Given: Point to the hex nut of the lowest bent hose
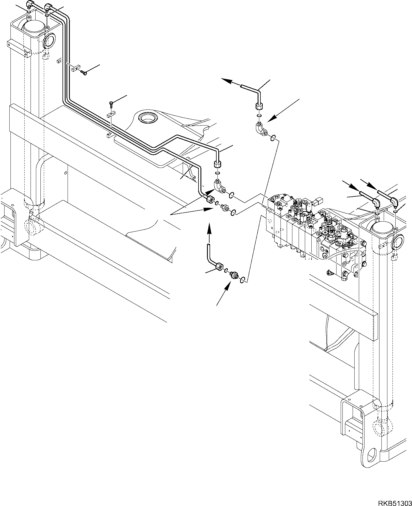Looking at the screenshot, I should (219, 267).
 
